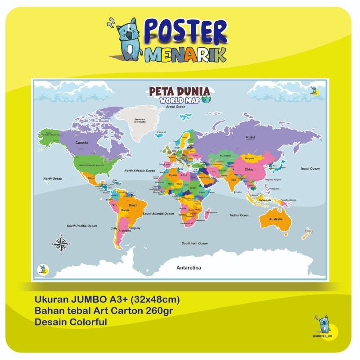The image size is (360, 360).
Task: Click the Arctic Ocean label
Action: (175, 107)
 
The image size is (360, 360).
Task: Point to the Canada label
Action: (81, 143)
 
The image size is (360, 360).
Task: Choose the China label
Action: (249, 169)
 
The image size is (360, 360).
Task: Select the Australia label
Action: (275, 219)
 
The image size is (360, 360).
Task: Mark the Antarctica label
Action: (189, 267)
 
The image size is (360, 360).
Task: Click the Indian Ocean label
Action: (239, 215)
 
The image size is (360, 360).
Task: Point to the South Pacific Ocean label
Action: (82, 225)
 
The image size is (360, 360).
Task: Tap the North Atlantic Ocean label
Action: (139, 171)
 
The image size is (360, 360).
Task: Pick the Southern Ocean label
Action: (194, 243)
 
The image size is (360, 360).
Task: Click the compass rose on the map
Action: (62, 244)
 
